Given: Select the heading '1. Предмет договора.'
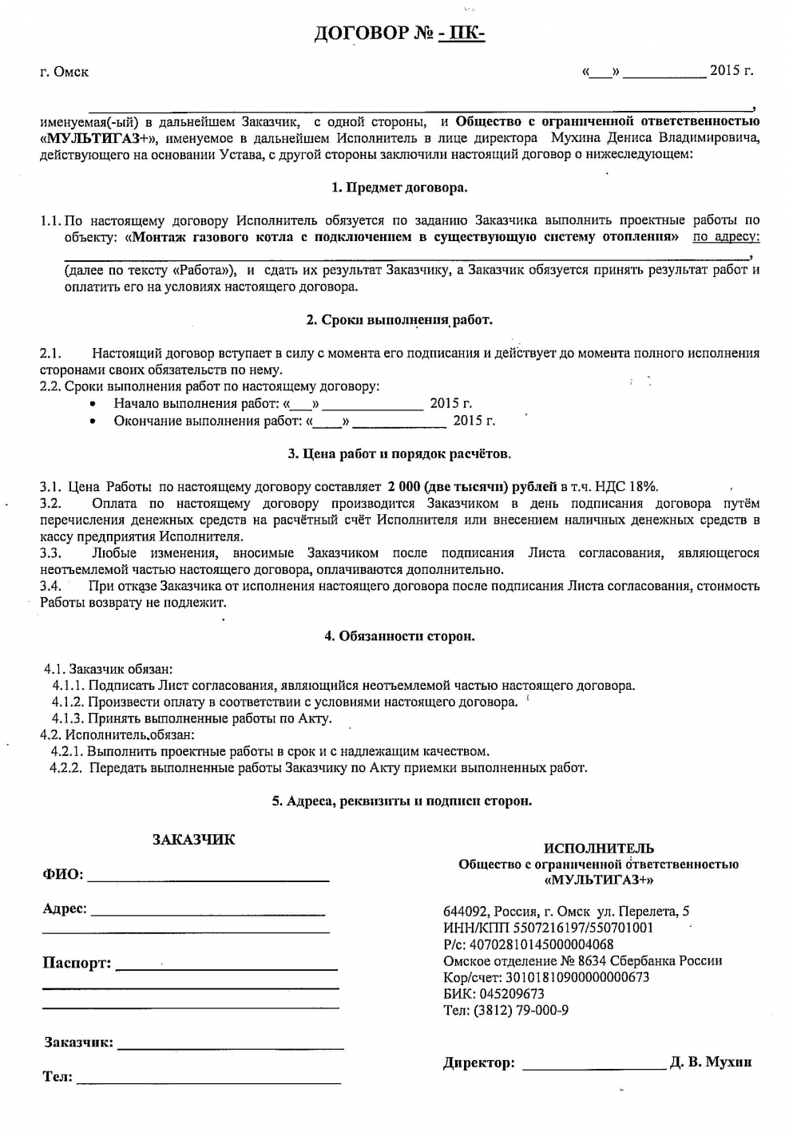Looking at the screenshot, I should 399,188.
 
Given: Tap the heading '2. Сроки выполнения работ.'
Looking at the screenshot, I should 399,320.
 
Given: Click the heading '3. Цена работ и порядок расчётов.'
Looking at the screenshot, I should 399,453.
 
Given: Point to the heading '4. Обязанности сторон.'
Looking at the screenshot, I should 399,636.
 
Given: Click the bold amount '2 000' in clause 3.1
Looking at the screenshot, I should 404,486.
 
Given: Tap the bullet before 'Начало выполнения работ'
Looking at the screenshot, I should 94,405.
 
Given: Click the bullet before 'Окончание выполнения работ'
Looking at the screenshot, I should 94,422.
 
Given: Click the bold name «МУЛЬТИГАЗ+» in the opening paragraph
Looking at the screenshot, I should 98,138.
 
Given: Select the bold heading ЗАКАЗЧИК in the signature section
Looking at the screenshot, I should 193,840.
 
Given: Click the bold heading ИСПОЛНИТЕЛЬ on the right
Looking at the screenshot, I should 598,848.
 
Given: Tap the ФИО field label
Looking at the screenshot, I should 62,874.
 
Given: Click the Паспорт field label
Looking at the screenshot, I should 77,963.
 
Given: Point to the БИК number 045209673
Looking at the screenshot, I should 510,994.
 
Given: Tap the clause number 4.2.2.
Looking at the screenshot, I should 65,768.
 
